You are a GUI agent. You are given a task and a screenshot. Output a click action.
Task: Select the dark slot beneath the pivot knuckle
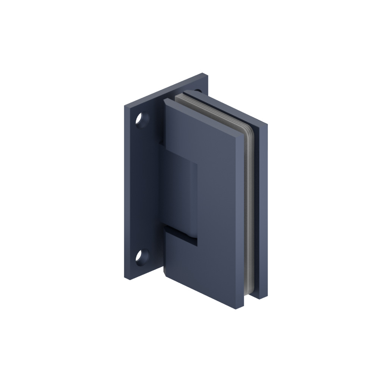point(181,233)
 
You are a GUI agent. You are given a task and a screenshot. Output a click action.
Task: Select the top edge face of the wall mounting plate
point(167,91)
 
